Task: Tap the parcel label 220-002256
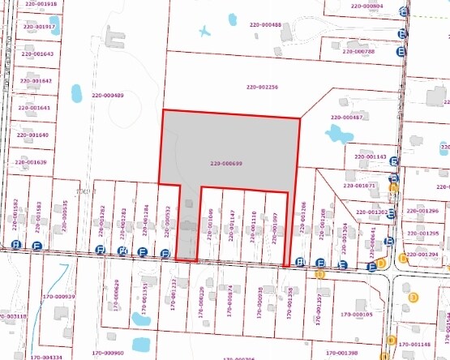tap(261, 87)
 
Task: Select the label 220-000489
tap(107, 96)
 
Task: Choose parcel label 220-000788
tap(358, 51)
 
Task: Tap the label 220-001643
tap(36, 54)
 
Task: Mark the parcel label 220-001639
tap(30, 162)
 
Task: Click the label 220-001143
tap(371, 156)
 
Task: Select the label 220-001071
tap(360, 185)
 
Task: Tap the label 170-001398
tap(341, 353)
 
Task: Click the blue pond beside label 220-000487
tap(336, 134)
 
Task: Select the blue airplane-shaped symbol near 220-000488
tap(205, 32)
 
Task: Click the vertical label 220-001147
tap(232, 226)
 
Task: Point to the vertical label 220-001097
tap(275, 228)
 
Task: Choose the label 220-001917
tap(40, 27)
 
